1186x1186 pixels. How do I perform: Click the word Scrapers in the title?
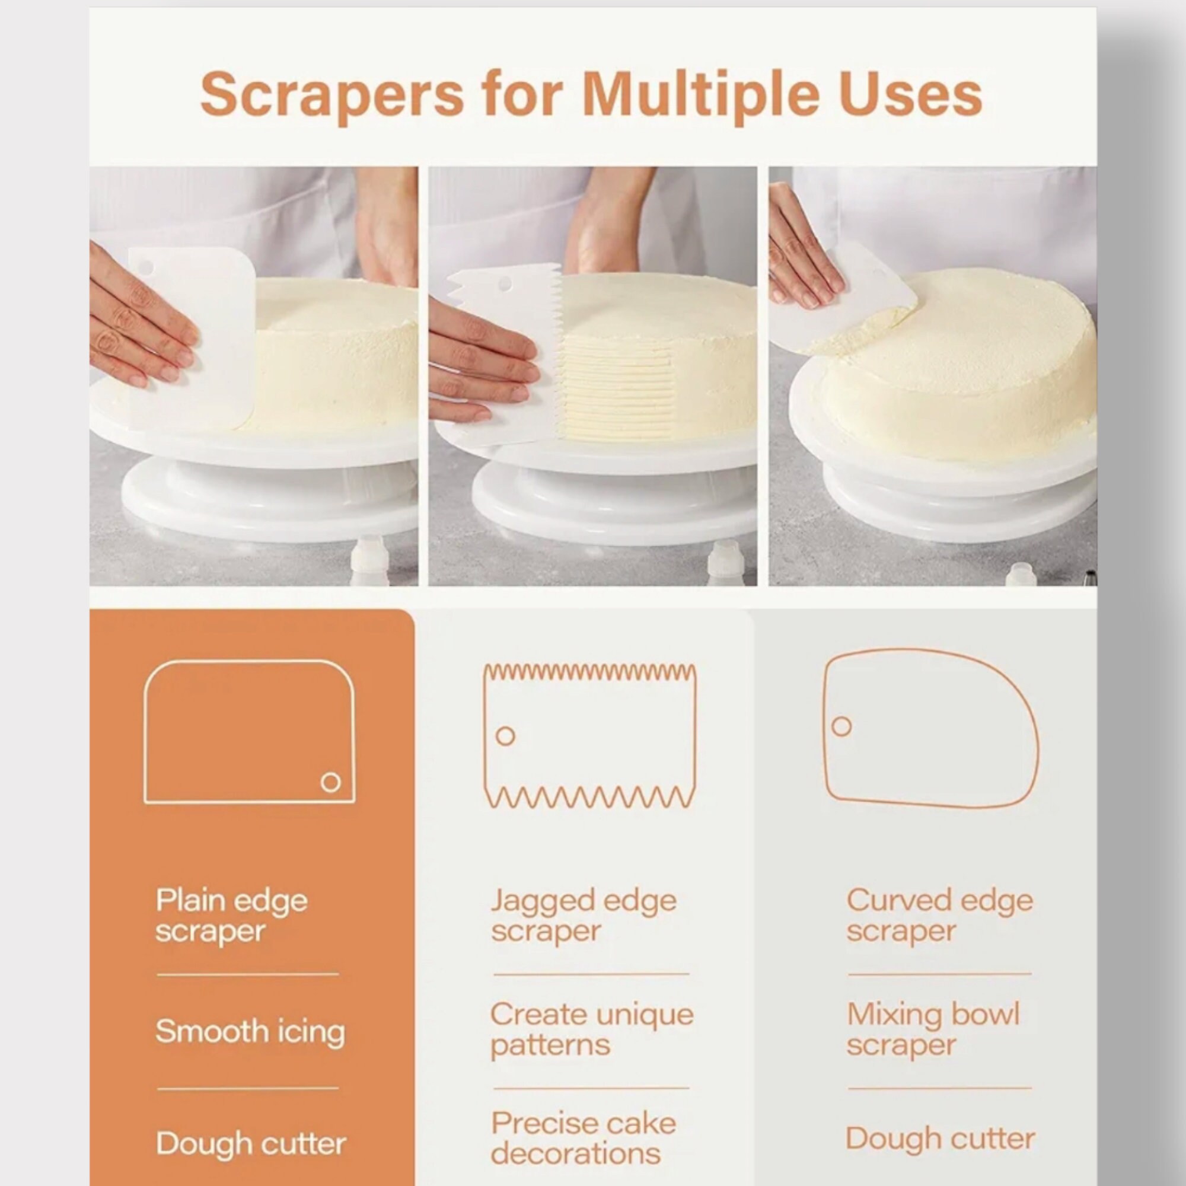click(x=331, y=95)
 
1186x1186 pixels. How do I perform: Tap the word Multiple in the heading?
click(x=700, y=95)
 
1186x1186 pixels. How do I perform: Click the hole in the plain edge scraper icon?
click(x=330, y=782)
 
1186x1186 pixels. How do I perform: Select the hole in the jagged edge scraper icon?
click(x=505, y=735)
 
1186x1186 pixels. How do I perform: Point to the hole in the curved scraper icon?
click(x=841, y=726)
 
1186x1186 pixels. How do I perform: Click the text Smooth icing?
click(x=250, y=1031)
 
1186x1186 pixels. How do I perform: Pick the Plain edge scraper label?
click(x=231, y=916)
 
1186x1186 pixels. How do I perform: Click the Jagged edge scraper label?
click(x=583, y=916)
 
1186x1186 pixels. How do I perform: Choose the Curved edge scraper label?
click(x=939, y=916)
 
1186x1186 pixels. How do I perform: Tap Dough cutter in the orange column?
click(x=250, y=1144)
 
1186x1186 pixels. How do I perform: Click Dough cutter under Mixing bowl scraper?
click(x=940, y=1139)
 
